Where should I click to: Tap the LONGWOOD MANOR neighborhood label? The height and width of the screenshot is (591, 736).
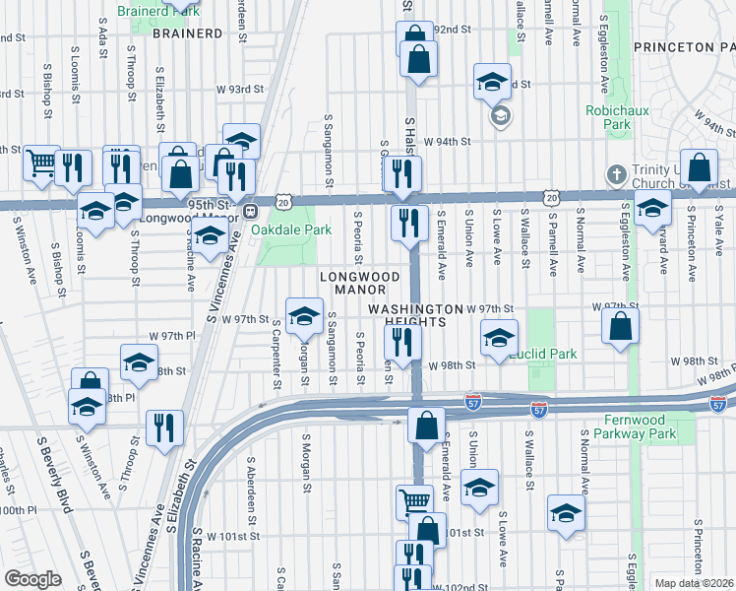[x=359, y=283]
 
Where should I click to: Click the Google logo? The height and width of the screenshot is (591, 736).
[x=32, y=578]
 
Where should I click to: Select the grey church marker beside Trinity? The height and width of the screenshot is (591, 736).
[x=616, y=173]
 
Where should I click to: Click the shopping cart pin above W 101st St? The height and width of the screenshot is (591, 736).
[x=414, y=501]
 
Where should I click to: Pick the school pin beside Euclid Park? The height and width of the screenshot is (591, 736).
[x=500, y=338]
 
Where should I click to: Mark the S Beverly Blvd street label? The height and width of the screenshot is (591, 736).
[x=53, y=474]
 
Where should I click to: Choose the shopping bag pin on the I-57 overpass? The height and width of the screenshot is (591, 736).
[x=426, y=427]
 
